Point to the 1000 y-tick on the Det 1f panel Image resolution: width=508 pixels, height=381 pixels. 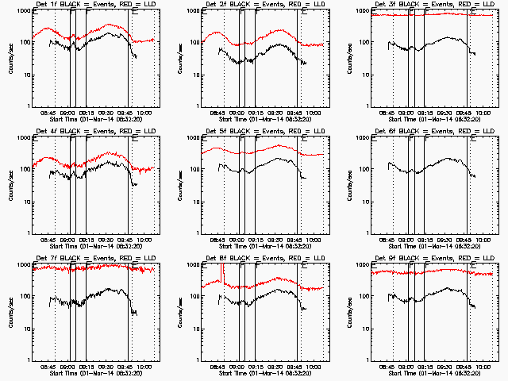(22, 12)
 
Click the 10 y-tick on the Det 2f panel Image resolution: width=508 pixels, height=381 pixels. (195, 76)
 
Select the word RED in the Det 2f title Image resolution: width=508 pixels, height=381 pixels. (293, 5)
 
